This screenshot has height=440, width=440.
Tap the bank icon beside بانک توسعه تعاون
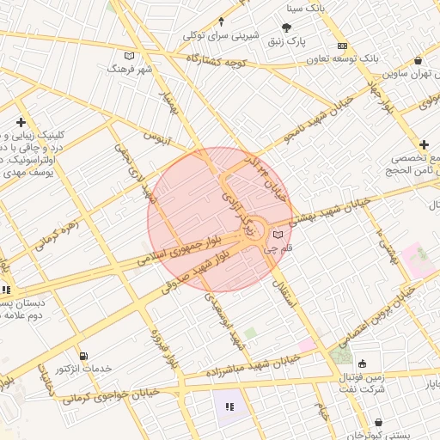pyautogui.click(x=343, y=45)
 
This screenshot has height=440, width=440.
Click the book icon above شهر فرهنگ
pyautogui.click(x=130, y=56)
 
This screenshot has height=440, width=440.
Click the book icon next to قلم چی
pyautogui.click(x=277, y=234)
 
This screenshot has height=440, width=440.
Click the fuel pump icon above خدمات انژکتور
pyautogui.click(x=82, y=356)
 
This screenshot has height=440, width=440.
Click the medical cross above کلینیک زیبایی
pyautogui.click(x=20, y=123)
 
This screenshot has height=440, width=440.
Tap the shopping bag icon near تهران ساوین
pyautogui.click(x=418, y=61)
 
